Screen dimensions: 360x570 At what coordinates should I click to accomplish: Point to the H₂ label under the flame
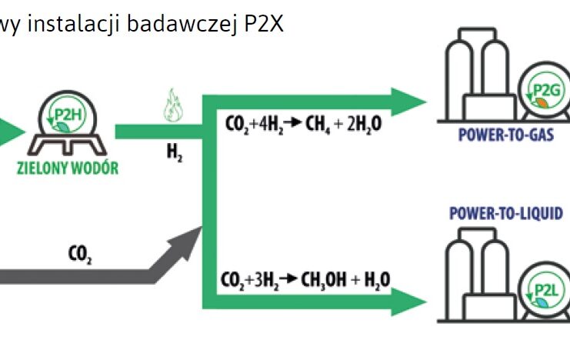click(x=175, y=152)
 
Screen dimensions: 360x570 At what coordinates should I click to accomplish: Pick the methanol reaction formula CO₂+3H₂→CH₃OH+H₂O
click(x=304, y=279)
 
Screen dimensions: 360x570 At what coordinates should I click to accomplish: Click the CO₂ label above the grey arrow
click(x=80, y=252)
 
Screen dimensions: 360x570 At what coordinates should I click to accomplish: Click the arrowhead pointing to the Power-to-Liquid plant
click(x=408, y=302)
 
